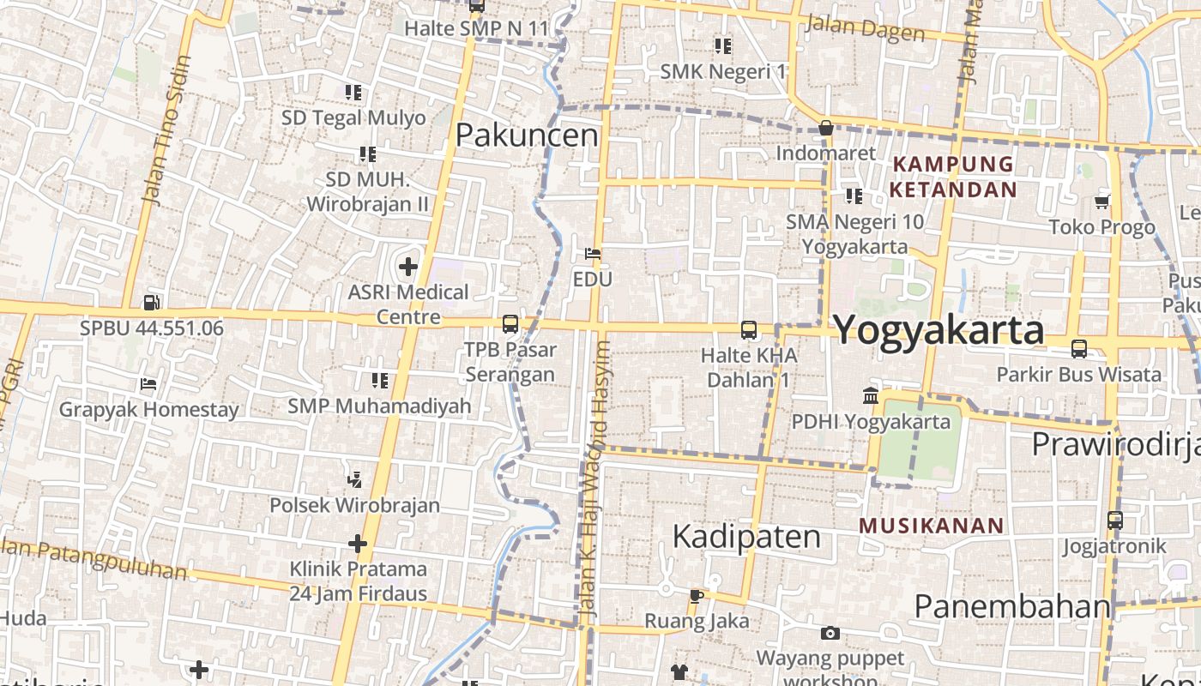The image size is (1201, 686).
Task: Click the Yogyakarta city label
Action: [x=938, y=330]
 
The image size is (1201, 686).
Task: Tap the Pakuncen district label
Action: [x=527, y=135]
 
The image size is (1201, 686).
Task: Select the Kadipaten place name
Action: [x=746, y=536]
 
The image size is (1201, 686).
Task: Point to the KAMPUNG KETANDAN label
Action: [x=953, y=177]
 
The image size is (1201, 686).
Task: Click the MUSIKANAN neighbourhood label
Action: [x=931, y=526]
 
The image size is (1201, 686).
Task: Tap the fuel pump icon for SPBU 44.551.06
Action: [x=151, y=302]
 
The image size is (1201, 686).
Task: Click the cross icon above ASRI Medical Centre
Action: [x=408, y=267]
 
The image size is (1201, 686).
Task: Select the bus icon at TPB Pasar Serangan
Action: [x=510, y=324]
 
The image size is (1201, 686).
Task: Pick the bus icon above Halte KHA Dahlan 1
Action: [x=749, y=329]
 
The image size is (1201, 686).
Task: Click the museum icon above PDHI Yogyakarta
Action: [x=871, y=396]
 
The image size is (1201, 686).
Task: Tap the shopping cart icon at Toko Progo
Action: [x=1102, y=202]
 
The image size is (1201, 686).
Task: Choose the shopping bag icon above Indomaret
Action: [x=826, y=128]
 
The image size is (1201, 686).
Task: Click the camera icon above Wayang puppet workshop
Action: [x=830, y=634]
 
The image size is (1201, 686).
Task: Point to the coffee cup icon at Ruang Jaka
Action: [x=696, y=595]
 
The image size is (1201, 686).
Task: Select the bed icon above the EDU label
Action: [x=592, y=254]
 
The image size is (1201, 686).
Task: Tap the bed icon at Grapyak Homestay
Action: [x=148, y=384]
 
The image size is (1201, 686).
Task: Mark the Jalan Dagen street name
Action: [x=865, y=29]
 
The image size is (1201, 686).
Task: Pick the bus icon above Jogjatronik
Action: [x=1114, y=520]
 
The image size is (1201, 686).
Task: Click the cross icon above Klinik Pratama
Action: [x=358, y=544]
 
